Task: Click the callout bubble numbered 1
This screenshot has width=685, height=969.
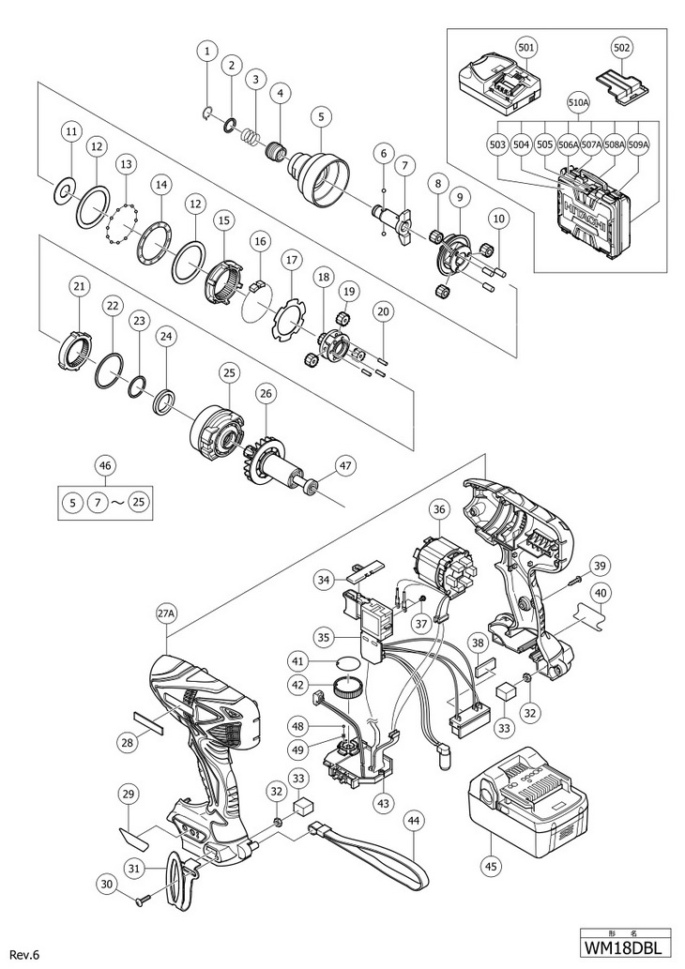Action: (x=207, y=51)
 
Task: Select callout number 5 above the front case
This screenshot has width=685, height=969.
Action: (x=322, y=115)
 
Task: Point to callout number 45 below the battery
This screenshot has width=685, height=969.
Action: (x=491, y=866)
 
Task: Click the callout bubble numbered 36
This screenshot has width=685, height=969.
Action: (x=439, y=510)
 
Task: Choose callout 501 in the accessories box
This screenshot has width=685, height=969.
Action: (x=527, y=47)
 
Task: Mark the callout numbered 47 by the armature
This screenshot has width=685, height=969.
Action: (x=346, y=464)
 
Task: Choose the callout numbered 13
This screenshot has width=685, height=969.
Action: (x=127, y=165)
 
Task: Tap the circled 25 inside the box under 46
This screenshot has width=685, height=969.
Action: (x=139, y=502)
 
